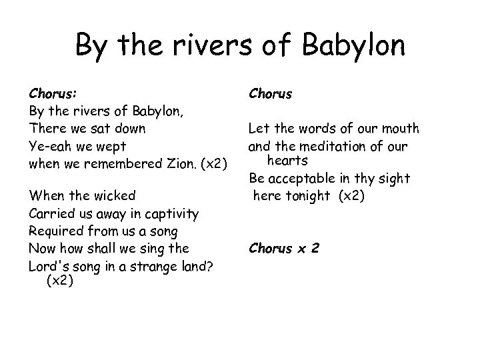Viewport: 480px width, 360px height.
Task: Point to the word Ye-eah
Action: tap(48, 145)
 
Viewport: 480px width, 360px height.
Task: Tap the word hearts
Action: tap(288, 160)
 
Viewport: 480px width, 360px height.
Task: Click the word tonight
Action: tap(309, 195)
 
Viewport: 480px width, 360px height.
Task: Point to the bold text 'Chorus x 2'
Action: tap(283, 249)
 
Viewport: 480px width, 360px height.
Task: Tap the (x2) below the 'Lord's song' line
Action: tap(59, 281)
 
